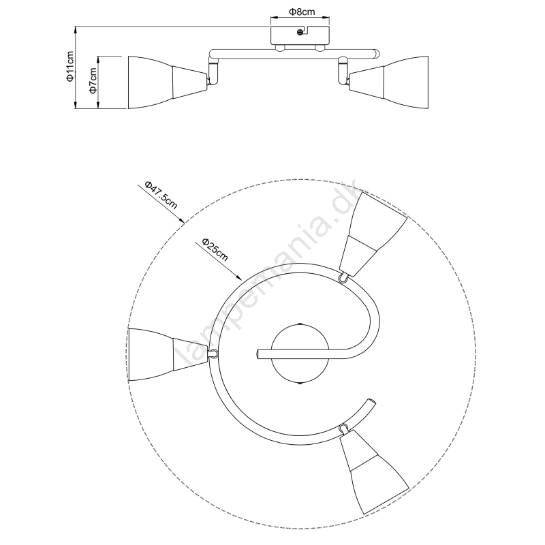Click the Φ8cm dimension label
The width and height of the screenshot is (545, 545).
pos(301,12)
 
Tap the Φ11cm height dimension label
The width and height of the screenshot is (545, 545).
pos(71,66)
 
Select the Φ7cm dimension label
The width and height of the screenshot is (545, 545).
pos(93,80)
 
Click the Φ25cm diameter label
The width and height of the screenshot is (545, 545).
pos(215,249)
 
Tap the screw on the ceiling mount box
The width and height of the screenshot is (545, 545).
pos(300,32)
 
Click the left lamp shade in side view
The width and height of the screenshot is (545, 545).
pos(168,82)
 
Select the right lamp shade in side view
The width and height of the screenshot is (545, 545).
pos(388,82)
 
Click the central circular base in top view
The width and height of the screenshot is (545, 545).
pos(300,354)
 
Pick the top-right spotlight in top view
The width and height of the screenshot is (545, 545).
pos(373,234)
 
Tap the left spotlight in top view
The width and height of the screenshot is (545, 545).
pos(168,354)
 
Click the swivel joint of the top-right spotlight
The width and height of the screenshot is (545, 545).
pos(343,278)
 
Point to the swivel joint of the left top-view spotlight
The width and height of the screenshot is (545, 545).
pos(213,354)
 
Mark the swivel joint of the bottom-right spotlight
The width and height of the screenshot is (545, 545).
pos(344,427)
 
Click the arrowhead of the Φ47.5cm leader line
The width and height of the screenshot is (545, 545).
pos(181,220)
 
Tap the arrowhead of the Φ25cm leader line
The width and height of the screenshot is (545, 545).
pos(239,277)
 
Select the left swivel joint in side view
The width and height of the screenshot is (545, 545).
pos(213,71)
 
